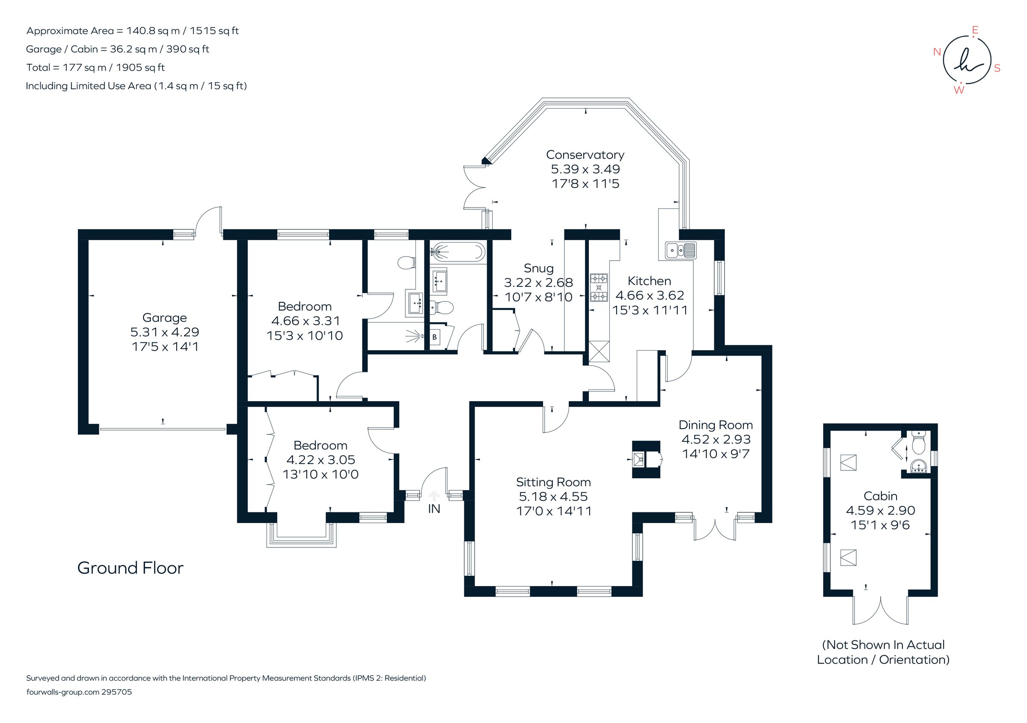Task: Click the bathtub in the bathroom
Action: [x=457, y=252]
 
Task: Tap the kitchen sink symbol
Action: [x=680, y=250]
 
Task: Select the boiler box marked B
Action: [x=434, y=337]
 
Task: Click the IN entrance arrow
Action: [x=433, y=496]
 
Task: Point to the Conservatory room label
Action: [x=585, y=155]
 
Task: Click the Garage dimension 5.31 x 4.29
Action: [x=165, y=332]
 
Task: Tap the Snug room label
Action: [x=539, y=268]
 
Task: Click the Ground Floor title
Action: [x=130, y=568]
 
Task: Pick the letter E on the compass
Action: [x=975, y=30]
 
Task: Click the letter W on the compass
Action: [x=959, y=90]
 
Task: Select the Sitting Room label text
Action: [x=553, y=482]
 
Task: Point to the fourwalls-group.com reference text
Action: [x=79, y=692]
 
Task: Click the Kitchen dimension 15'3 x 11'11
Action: [x=650, y=310]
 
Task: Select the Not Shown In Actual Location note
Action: [x=883, y=652]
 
